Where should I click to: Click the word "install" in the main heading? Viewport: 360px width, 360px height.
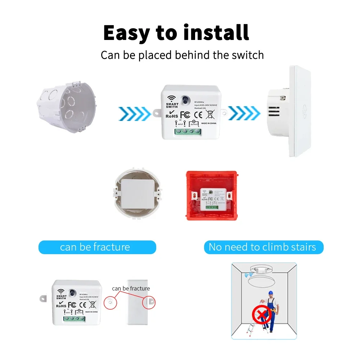216,33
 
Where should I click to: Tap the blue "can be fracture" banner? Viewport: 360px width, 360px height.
97,247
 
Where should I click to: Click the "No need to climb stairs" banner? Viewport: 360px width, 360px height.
262,247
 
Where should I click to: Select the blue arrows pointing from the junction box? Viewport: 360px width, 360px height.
134,113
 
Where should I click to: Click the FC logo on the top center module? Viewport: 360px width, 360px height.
185,114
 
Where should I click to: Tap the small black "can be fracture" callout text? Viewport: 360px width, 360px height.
131,288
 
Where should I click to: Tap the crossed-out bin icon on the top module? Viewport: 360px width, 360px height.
210,114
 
